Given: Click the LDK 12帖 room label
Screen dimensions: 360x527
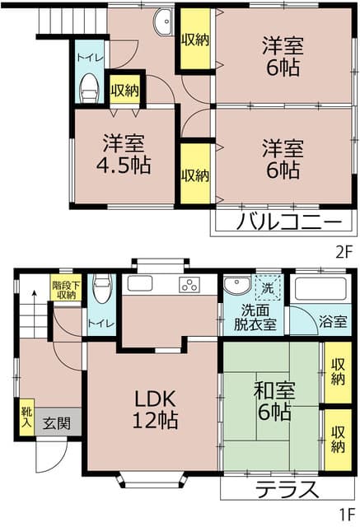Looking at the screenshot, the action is tap(155, 409).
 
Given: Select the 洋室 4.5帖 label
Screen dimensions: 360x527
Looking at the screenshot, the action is tap(124, 154).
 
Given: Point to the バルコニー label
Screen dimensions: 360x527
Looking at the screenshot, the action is tap(289, 222).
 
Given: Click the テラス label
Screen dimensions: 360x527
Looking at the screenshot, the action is tap(287, 490).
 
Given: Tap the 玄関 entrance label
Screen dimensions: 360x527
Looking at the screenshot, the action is tap(57, 423).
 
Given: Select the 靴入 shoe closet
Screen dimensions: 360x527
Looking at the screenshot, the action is tap(26, 417).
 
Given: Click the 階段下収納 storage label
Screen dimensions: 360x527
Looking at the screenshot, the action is tap(66, 291).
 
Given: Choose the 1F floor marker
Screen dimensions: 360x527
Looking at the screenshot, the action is tap(347, 514).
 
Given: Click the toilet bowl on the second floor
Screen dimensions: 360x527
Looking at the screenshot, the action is tap(89, 88).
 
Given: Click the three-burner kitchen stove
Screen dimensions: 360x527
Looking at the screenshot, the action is tap(190, 285).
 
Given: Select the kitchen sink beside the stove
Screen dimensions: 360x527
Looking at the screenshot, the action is tap(139, 284).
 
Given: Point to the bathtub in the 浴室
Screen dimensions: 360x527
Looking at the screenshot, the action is tap(320, 289).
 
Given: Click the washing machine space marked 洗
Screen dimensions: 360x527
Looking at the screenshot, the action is tap(268, 287).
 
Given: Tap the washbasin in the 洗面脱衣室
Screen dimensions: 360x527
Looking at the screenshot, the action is tap(237, 286).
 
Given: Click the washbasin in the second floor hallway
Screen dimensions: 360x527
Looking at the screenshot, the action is tap(164, 21).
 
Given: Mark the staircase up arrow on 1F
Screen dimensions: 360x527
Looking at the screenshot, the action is tap(34, 315).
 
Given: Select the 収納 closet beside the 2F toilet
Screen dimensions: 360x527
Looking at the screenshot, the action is tap(124, 89).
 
